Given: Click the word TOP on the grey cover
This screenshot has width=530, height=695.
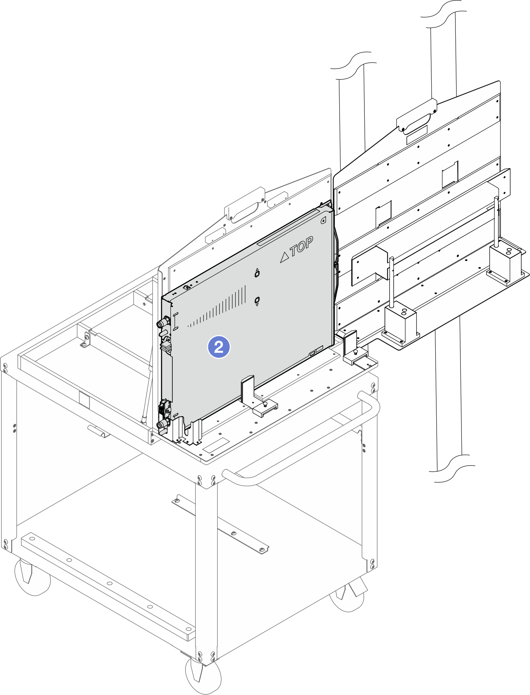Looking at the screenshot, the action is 302,246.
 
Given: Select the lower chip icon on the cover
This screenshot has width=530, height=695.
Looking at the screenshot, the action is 257,300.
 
